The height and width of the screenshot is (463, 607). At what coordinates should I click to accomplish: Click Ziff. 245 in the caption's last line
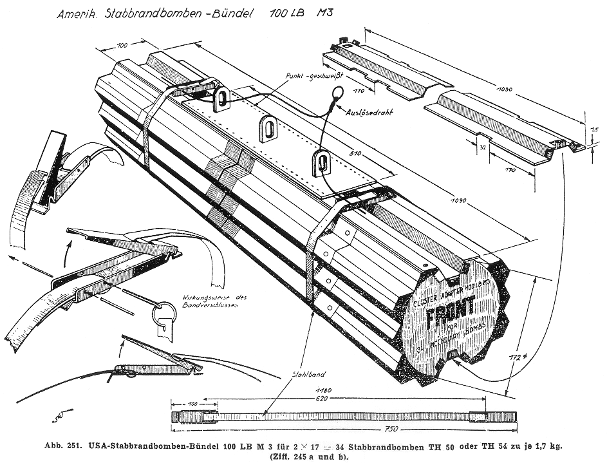290,457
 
